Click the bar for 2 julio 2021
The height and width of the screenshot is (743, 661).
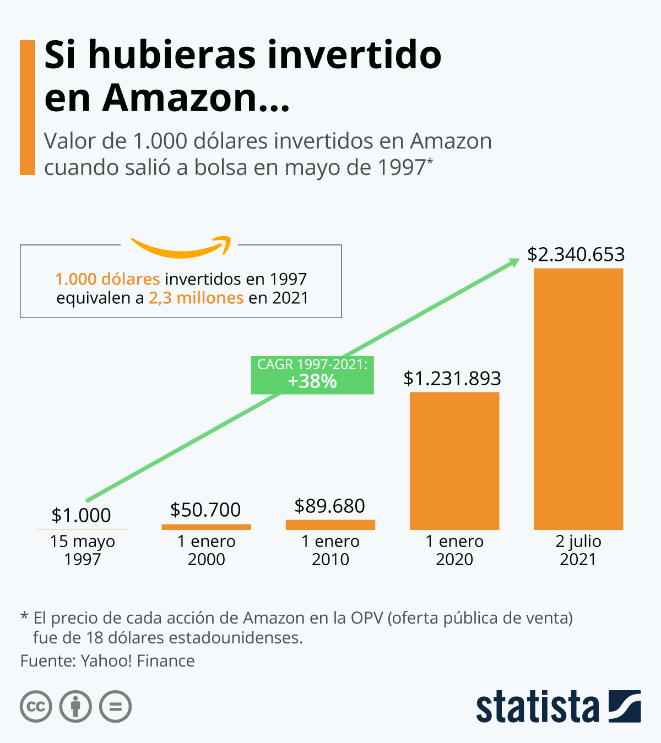(x=578, y=399)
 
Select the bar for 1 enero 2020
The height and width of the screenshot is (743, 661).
(x=454, y=461)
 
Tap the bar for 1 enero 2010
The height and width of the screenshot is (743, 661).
(x=330, y=525)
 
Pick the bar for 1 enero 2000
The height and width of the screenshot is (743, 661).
(x=206, y=527)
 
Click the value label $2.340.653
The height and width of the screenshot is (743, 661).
(x=576, y=254)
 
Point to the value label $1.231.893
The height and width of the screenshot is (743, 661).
(x=452, y=379)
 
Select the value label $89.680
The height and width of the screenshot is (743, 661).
(x=329, y=506)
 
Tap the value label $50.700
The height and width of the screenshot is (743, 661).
(x=205, y=510)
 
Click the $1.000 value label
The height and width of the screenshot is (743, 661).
(x=82, y=515)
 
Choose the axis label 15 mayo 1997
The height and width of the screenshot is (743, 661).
(x=82, y=550)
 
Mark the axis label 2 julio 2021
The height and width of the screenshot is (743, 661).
(x=578, y=550)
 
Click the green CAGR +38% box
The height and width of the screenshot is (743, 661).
(x=312, y=375)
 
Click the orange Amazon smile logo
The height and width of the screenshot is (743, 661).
(x=181, y=248)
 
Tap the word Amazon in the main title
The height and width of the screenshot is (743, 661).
(x=180, y=97)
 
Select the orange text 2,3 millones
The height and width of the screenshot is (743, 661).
(x=196, y=298)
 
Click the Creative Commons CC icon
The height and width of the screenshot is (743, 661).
(x=36, y=706)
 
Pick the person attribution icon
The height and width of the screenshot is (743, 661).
(x=75, y=706)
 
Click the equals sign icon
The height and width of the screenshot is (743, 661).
(x=115, y=706)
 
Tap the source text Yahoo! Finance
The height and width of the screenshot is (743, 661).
(x=138, y=660)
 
